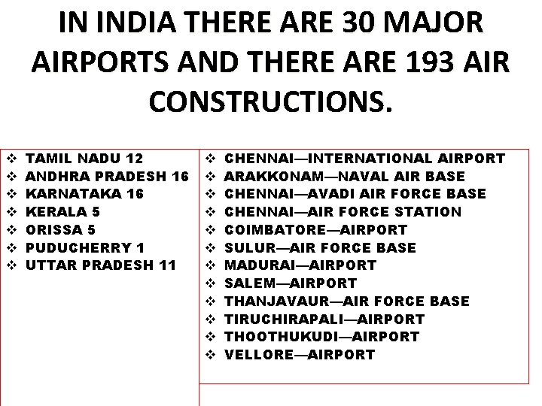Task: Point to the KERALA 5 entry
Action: tap(62, 212)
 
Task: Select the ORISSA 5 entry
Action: tap(62, 230)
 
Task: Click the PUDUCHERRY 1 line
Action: tap(84, 247)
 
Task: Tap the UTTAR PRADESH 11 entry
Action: tap(101, 265)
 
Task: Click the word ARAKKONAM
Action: tap(269, 177)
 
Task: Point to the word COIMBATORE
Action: tap(273, 230)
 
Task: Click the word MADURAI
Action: tap(258, 265)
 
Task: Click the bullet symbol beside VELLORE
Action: tap(211, 355)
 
